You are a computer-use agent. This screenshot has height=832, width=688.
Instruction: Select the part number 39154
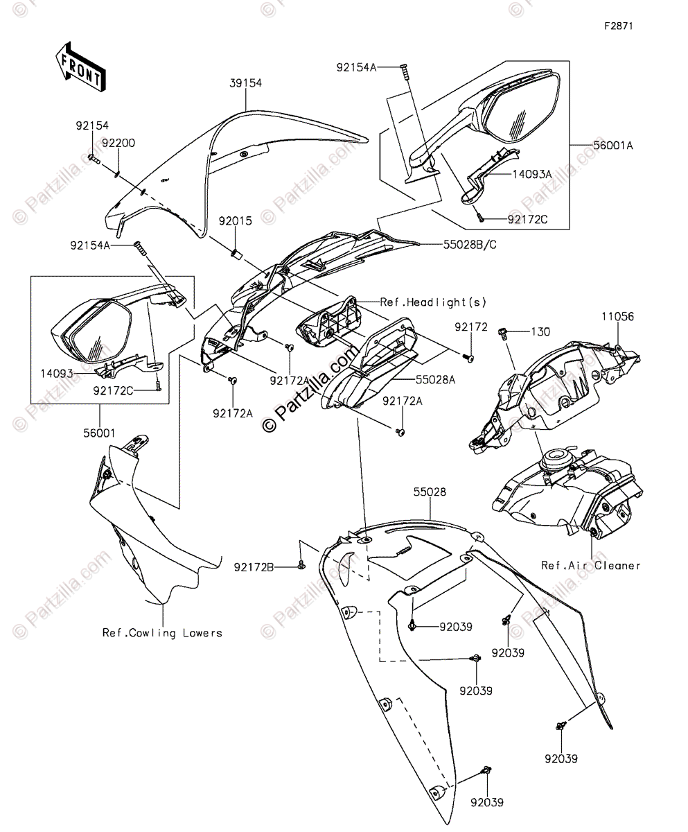pyautogui.click(x=246, y=83)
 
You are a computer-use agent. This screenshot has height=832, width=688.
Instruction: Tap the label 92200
pyautogui.click(x=118, y=143)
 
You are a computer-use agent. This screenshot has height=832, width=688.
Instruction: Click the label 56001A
pyautogui.click(x=613, y=145)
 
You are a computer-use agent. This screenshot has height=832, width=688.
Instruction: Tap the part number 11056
pyautogui.click(x=617, y=316)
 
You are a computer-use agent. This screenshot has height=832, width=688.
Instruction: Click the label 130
pyautogui.click(x=540, y=332)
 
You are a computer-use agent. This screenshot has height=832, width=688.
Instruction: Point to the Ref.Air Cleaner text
pyautogui.click(x=591, y=566)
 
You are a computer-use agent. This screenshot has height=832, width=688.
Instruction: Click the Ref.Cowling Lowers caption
pyautogui.click(x=162, y=632)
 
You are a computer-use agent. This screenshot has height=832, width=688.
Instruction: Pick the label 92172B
pyautogui.click(x=253, y=567)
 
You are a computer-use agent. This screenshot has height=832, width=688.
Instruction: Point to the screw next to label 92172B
pyautogui.click(x=301, y=565)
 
